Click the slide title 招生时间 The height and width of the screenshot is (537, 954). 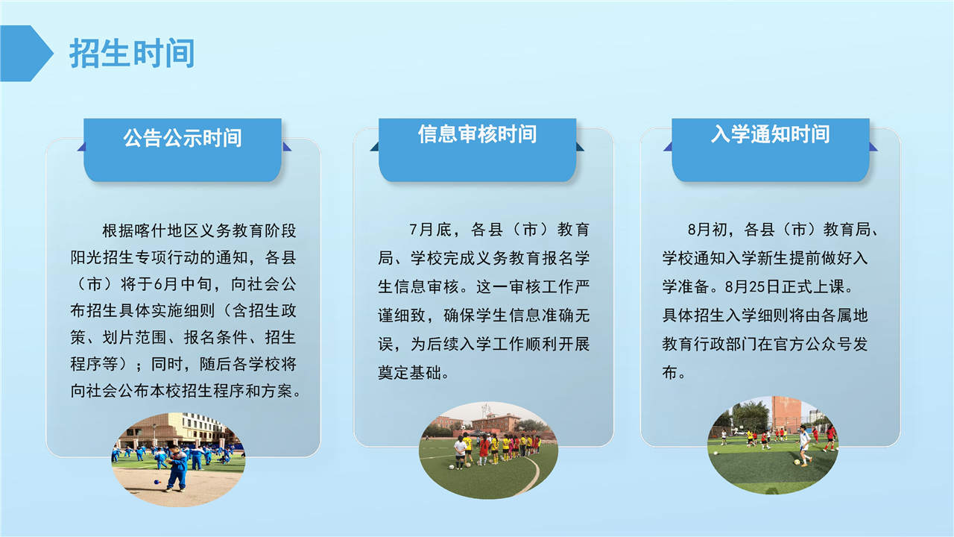pyautogui.click(x=132, y=53)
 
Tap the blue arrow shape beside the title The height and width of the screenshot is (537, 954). pyautogui.click(x=25, y=53)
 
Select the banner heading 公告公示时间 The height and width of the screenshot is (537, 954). pyautogui.click(x=183, y=138)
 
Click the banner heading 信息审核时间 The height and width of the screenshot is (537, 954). pyautogui.click(x=478, y=134)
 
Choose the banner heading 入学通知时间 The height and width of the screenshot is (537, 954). pyautogui.click(x=771, y=134)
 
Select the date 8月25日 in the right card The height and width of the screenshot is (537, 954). pyautogui.click(x=753, y=286)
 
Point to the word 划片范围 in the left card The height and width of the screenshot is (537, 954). pyautogui.click(x=135, y=338)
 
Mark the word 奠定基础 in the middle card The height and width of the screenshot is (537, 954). pyautogui.click(x=410, y=373)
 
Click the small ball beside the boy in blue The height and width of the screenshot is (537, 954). pyautogui.click(x=157, y=482)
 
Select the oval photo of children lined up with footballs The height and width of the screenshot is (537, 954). pyautogui.click(x=488, y=450)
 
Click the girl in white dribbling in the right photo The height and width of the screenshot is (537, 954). pyautogui.click(x=804, y=445)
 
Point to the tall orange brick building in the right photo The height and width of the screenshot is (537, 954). pyautogui.click(x=786, y=412)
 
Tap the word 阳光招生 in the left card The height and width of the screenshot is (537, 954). pyautogui.click(x=103, y=257)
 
